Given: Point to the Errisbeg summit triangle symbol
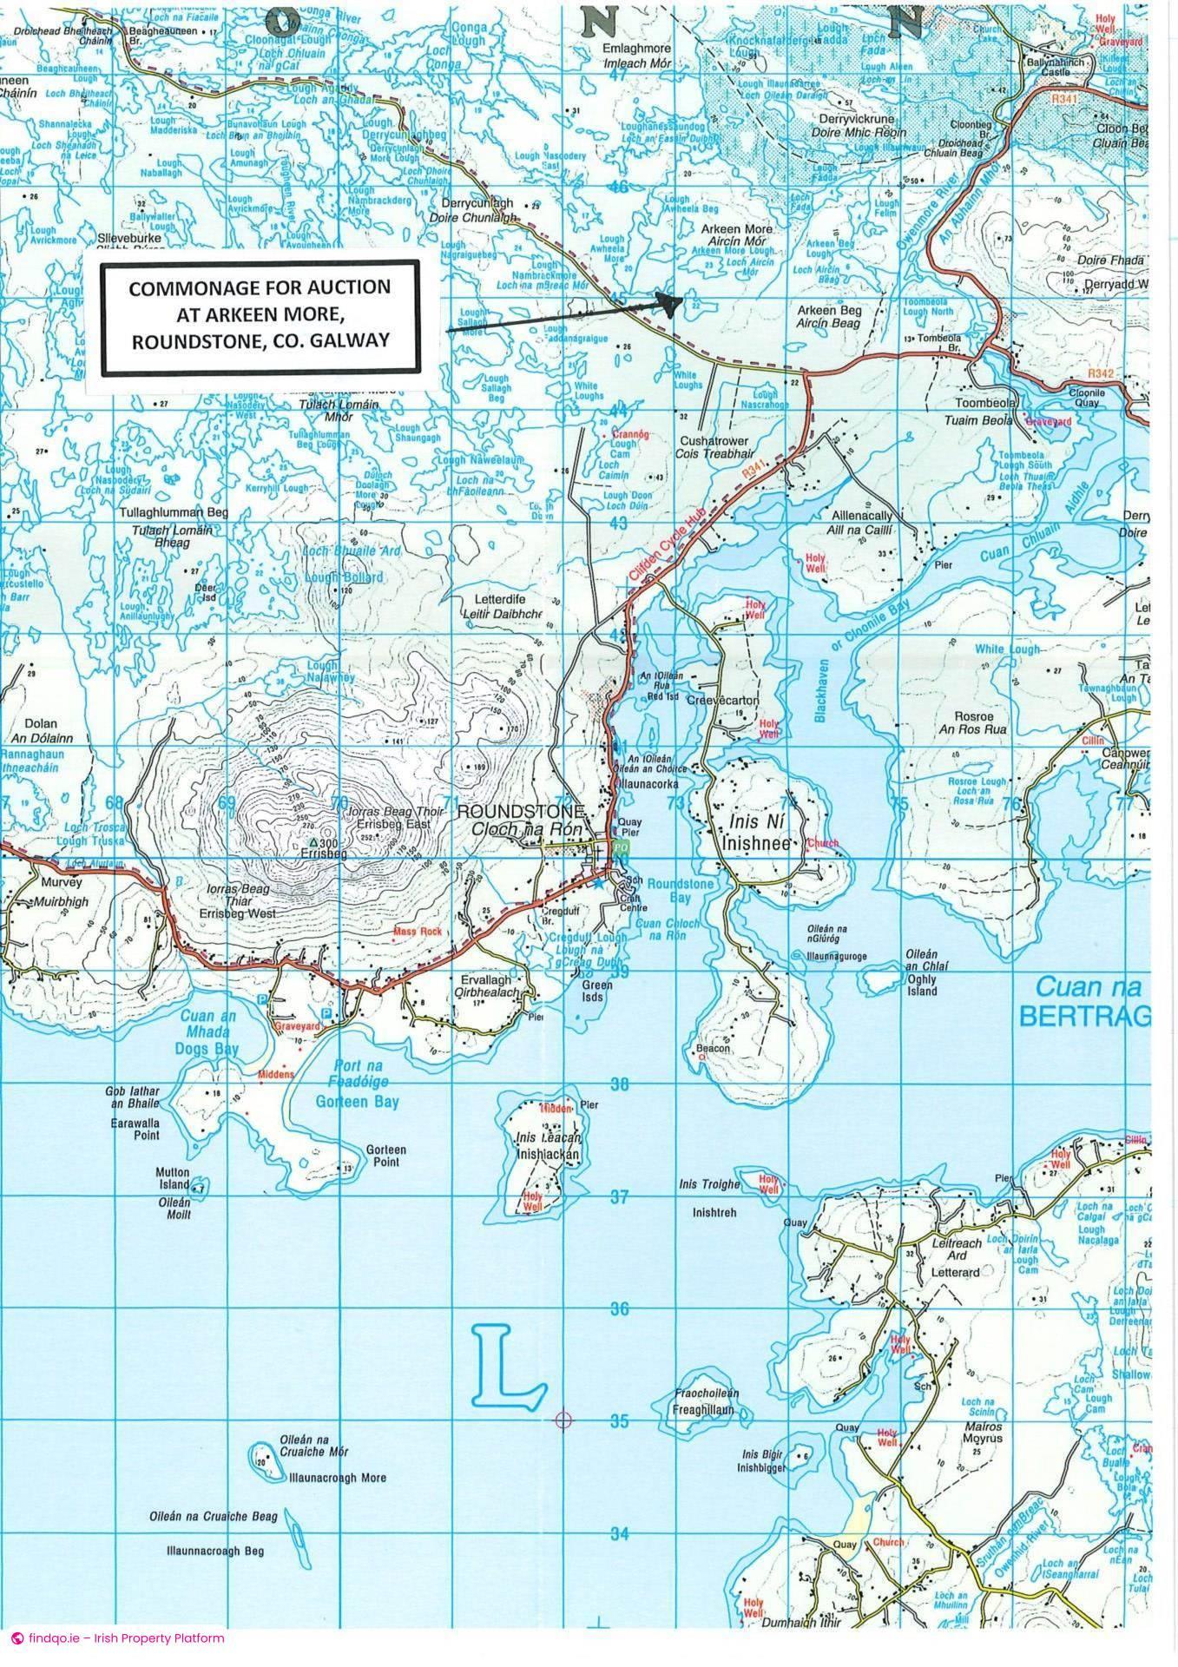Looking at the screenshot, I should pos(313,843).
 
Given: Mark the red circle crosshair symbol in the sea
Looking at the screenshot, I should pos(564,1420).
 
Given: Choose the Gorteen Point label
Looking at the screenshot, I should pos(386,1156).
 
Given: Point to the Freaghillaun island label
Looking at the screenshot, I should pos(702,1411).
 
